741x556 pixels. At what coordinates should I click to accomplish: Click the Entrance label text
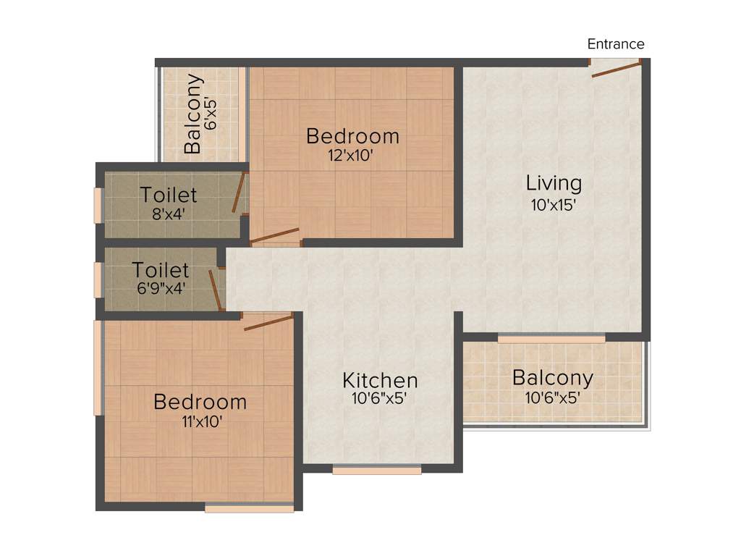coord(616,44)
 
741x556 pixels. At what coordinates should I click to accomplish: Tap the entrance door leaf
coord(616,69)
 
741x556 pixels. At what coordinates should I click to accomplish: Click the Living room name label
coord(554,182)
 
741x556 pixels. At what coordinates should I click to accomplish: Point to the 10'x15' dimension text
coord(554,205)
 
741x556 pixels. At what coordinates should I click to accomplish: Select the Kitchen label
coord(380,380)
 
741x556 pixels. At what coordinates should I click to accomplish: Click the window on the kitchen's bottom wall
coord(377,470)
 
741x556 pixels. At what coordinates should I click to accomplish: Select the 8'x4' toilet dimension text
coord(169,214)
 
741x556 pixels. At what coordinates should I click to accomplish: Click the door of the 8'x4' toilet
coord(238,192)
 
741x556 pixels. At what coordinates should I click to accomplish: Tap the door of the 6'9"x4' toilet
coord(215,290)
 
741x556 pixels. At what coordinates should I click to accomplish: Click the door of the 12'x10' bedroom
coord(275,235)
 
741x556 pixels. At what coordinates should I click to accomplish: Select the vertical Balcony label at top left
coord(192,114)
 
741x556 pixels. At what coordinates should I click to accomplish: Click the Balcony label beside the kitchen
coord(553,377)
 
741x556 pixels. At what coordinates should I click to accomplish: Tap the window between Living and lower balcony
coord(551,338)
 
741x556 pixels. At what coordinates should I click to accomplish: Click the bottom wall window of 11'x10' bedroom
coord(249,509)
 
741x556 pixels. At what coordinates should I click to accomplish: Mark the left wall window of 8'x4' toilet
coord(98,206)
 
